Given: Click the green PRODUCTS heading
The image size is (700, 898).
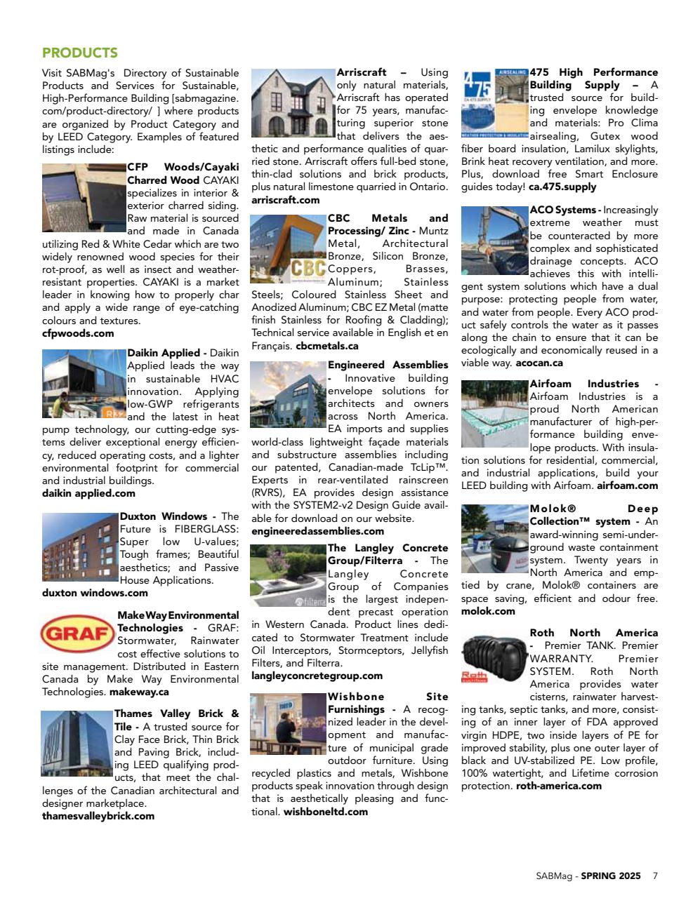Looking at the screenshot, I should (x=79, y=53).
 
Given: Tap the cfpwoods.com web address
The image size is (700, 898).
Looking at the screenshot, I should (x=78, y=333).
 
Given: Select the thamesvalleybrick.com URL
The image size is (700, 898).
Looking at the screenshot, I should (x=98, y=816).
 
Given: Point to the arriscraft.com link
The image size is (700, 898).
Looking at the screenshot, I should (x=285, y=200).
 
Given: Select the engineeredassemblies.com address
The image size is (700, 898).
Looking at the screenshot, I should (x=317, y=531).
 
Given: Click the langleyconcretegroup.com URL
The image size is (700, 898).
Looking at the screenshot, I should (x=317, y=676).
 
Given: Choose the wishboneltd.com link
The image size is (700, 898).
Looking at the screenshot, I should (x=326, y=812).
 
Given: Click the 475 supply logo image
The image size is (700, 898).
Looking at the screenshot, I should (x=494, y=103).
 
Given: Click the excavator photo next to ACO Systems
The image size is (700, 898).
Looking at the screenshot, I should (x=494, y=241).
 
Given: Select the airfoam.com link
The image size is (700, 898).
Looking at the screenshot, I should (x=627, y=485).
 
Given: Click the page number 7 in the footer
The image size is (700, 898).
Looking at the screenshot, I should (x=655, y=876).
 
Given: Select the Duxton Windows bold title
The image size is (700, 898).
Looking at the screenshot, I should (x=163, y=516).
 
